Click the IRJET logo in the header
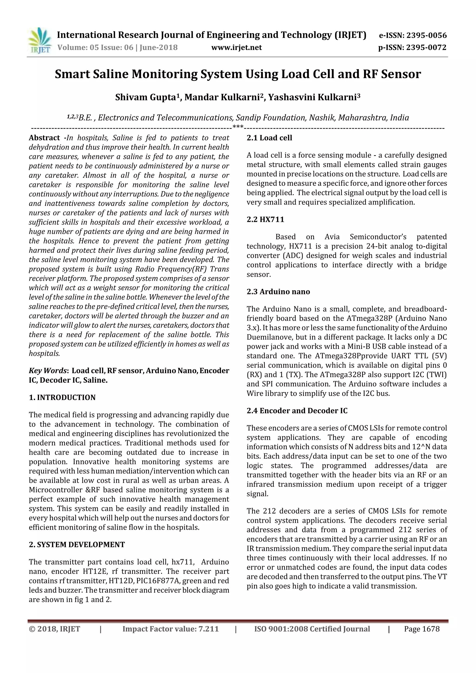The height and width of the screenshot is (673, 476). [40, 41]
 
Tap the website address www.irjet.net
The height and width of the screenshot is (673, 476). [236, 47]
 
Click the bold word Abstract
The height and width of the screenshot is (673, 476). [44, 138]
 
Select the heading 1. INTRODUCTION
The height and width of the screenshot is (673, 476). [62, 397]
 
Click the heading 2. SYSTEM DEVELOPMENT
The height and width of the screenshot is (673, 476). [77, 545]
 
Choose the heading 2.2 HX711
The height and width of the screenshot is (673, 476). [265, 220]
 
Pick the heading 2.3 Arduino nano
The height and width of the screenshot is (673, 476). [278, 292]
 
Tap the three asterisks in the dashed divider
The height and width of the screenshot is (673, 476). [238, 127]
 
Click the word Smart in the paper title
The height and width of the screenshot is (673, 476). [72, 74]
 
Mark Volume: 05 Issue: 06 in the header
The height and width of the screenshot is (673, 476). [95, 47]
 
